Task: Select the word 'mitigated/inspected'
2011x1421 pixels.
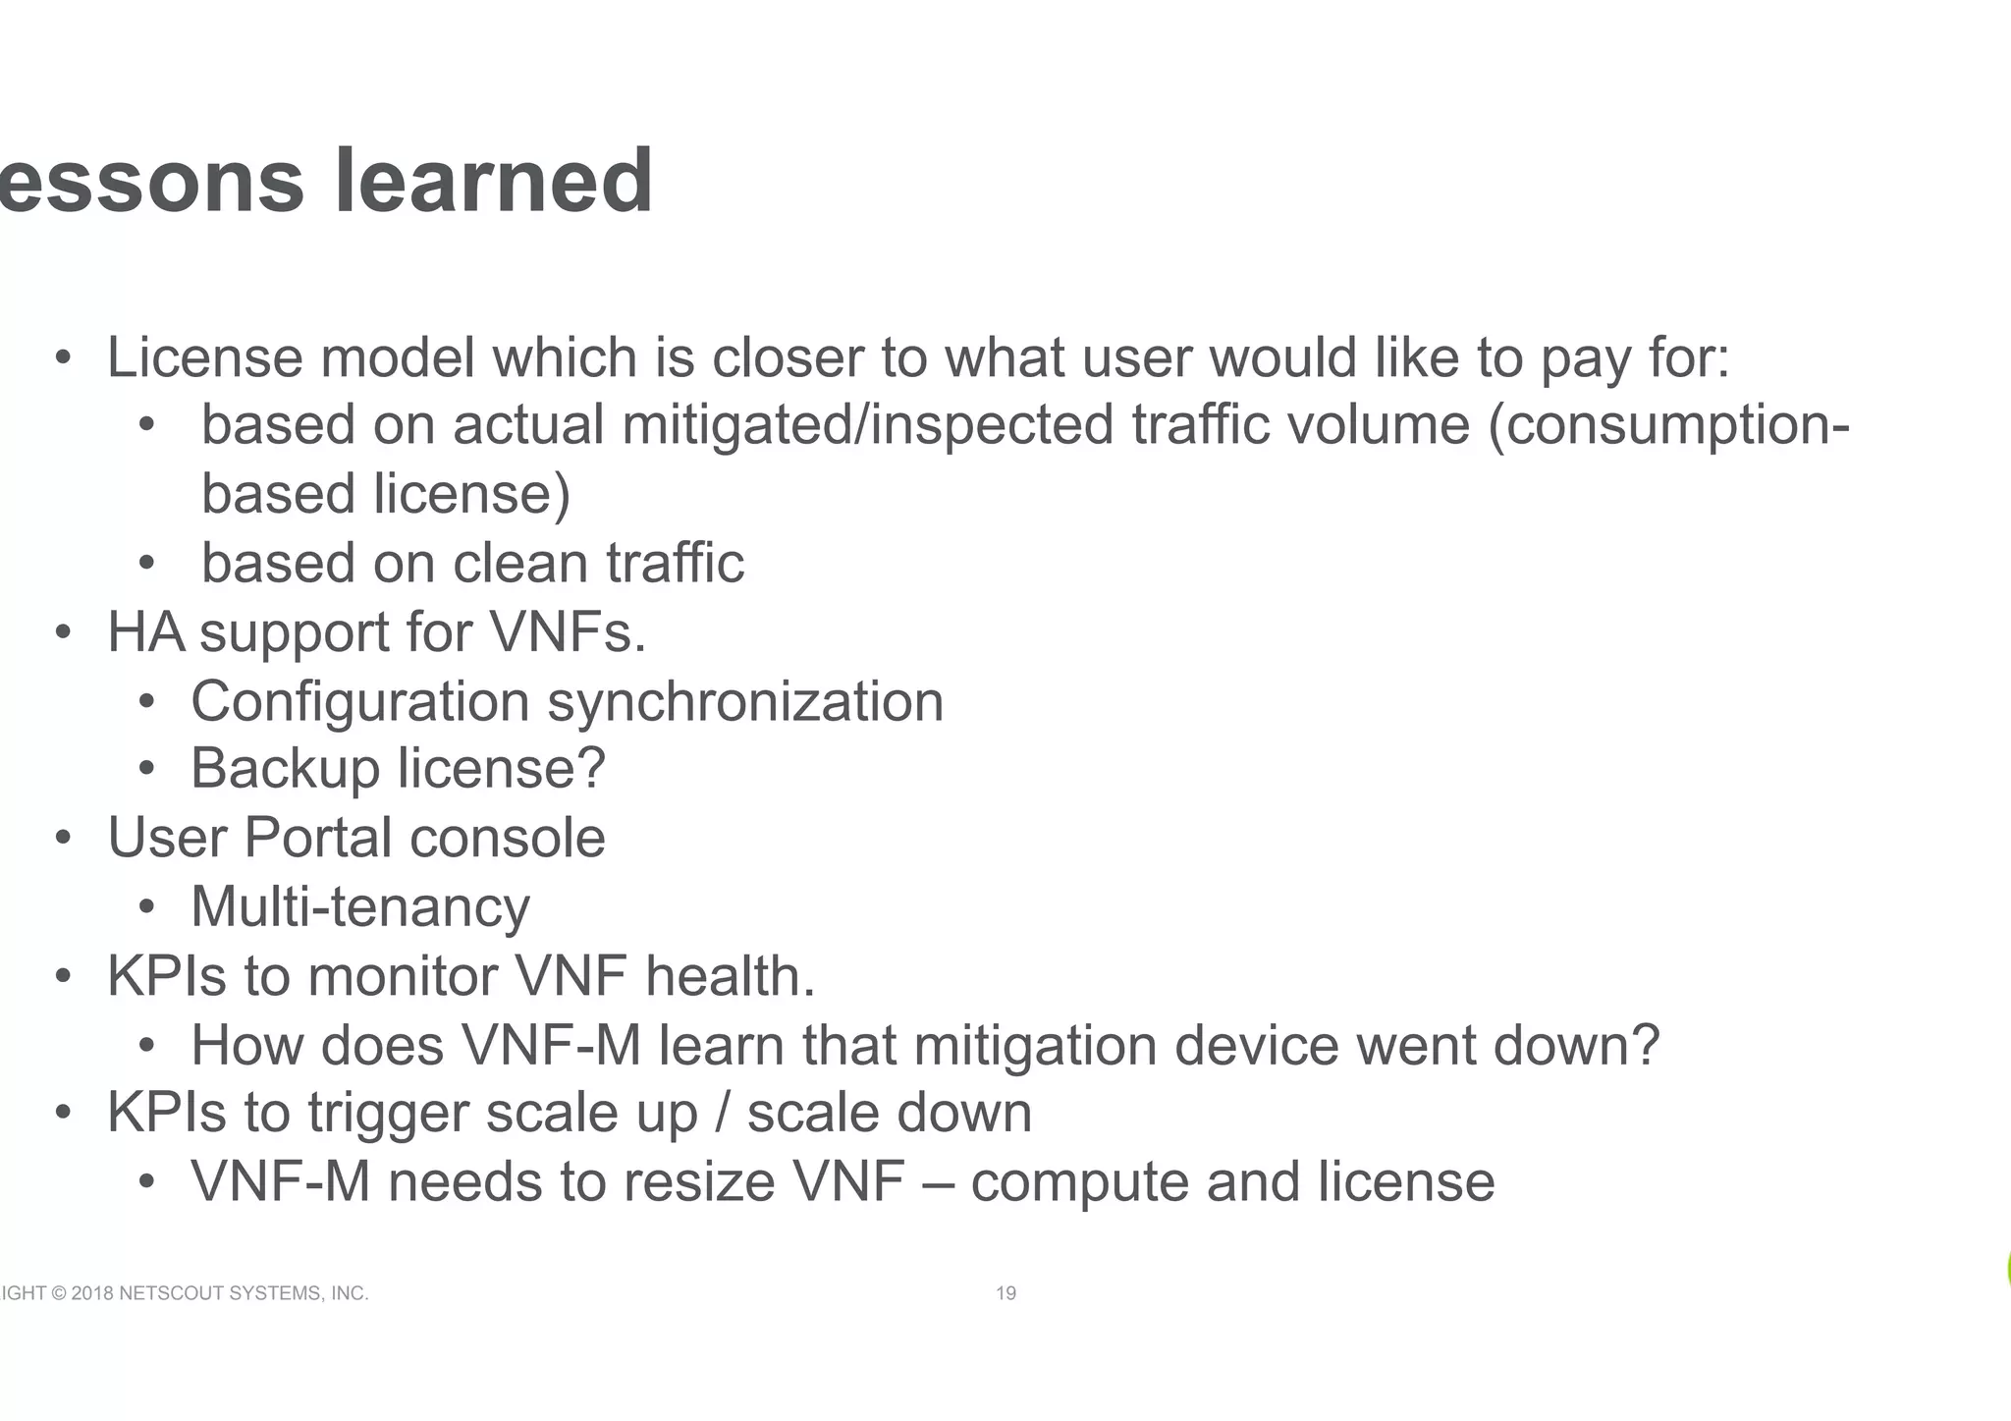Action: pos(868,426)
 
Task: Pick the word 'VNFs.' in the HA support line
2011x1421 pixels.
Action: pos(568,632)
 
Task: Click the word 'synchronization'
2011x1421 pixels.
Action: pos(745,702)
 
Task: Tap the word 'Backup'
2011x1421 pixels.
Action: pos(285,768)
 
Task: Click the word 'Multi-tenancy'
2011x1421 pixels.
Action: pos(360,906)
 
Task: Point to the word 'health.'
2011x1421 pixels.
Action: pos(730,976)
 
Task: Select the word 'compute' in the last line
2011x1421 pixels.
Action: pos(1080,1183)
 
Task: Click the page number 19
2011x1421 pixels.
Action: pos(1006,1293)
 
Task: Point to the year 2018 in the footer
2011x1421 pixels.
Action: pos(92,1293)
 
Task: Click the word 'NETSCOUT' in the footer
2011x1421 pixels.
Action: pos(171,1293)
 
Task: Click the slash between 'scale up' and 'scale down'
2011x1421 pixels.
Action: pos(724,1114)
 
